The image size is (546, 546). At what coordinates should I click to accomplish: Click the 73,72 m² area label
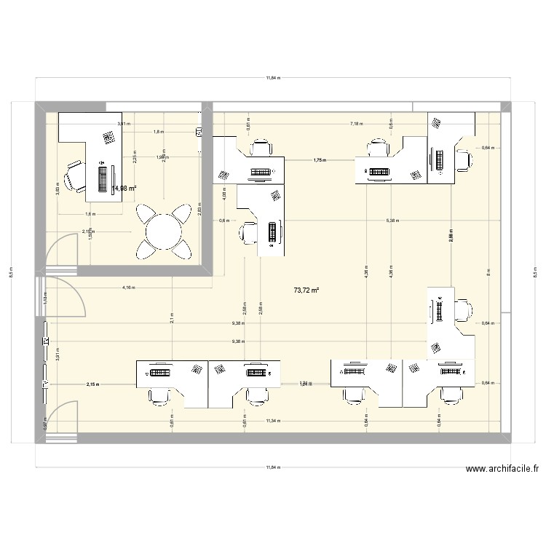click(306, 290)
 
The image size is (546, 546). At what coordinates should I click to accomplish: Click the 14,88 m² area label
click(124, 188)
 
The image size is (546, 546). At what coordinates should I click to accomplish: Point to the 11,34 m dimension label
click(273, 421)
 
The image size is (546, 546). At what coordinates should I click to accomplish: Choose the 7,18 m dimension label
click(356, 124)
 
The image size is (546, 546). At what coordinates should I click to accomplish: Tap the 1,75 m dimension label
click(319, 160)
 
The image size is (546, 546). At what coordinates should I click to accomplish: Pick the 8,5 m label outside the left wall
click(11, 274)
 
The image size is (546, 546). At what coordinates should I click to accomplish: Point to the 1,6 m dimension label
click(90, 215)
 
